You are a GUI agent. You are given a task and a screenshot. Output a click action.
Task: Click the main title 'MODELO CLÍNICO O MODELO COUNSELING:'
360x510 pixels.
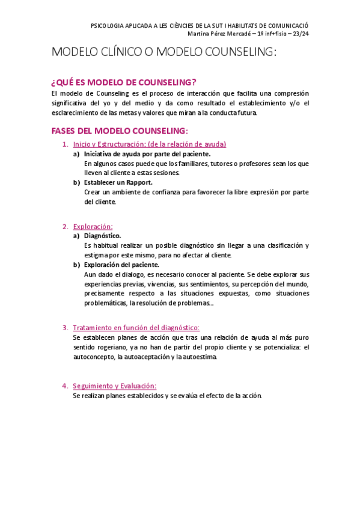164,52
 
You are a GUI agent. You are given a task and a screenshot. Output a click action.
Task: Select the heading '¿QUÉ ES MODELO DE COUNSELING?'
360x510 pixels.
124,82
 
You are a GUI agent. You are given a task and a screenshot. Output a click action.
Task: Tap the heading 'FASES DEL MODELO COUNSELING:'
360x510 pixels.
120,131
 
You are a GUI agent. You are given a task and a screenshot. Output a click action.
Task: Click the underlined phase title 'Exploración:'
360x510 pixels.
93,226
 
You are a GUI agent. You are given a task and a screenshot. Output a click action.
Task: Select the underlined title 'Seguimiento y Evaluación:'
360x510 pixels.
114,386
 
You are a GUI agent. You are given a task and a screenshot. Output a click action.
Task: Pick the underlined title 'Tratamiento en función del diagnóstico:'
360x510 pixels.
136,327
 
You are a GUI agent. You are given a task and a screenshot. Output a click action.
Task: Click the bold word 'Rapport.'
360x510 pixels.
139,182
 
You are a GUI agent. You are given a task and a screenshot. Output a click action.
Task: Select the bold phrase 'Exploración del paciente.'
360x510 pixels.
121,264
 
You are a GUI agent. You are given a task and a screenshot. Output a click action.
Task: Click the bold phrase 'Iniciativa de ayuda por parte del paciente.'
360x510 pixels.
147,153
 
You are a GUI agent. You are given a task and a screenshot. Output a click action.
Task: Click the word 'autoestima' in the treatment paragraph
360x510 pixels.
201,357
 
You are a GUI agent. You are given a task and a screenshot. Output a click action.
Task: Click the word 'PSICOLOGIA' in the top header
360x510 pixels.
106,26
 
